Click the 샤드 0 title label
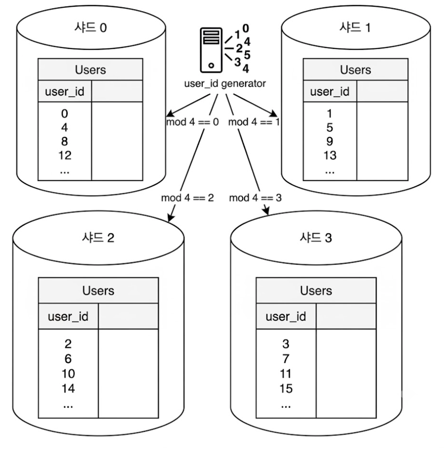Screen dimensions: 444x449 coord(91,27)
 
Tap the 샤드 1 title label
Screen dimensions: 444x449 coord(355,27)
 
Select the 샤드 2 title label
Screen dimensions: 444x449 coord(98,238)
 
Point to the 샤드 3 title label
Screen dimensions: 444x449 coord(316,238)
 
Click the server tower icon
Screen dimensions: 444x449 coord(211,50)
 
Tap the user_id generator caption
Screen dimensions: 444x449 coord(225,84)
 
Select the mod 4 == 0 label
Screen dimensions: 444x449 coord(192,122)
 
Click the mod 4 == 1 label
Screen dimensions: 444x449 coord(254,122)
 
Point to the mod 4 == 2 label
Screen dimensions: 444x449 coord(187,198)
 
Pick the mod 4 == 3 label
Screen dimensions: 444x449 coord(255,198)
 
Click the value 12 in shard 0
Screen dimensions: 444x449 coord(65,155)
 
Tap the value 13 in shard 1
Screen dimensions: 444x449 coord(330,155)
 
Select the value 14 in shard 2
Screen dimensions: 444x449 coord(68,388)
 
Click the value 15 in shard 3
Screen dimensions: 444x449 coord(286,388)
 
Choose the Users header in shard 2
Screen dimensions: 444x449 coord(98,291)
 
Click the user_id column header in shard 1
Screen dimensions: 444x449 coord(330,91)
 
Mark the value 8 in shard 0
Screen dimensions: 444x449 coord(65,141)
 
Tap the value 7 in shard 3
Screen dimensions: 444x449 coord(286,359)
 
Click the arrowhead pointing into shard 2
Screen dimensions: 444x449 coord(171,217)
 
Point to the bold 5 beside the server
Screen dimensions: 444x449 coord(247,55)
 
